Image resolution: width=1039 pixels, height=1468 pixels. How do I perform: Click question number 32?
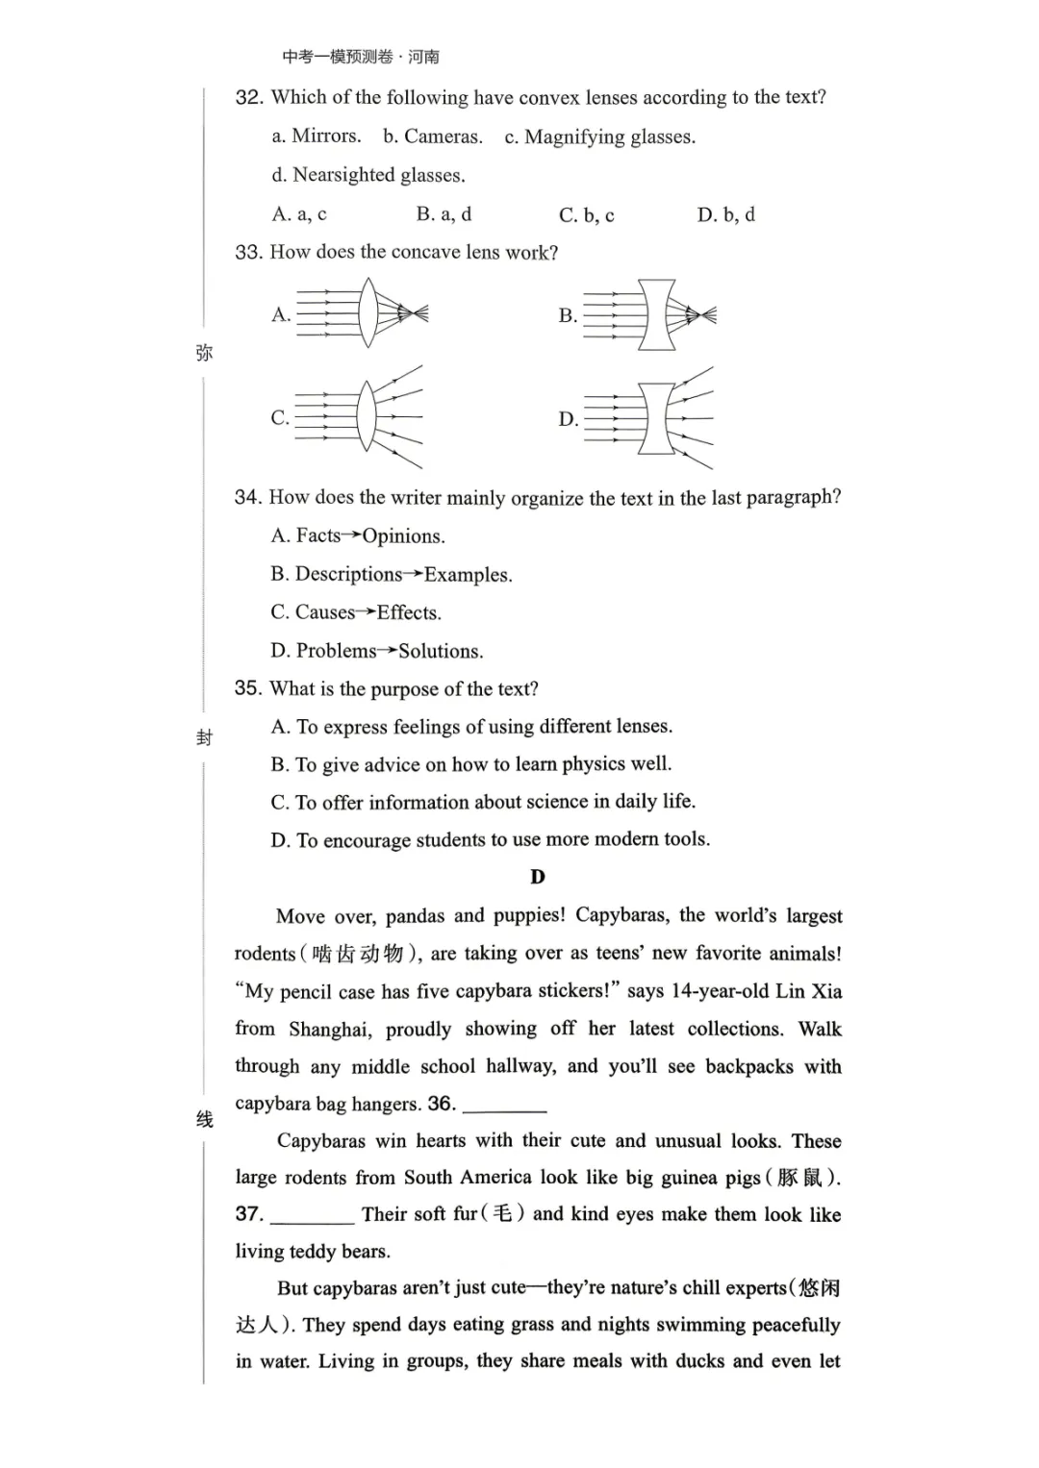(248, 97)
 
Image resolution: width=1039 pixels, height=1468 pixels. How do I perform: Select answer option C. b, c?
(586, 215)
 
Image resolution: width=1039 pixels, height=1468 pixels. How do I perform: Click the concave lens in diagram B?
(657, 314)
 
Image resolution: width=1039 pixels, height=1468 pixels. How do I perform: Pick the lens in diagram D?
(657, 418)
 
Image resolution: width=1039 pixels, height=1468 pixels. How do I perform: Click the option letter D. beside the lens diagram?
(568, 419)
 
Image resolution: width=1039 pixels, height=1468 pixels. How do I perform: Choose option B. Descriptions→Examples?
(391, 575)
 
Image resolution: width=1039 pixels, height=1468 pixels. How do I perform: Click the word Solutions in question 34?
(440, 651)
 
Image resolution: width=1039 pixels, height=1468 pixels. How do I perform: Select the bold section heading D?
(537, 877)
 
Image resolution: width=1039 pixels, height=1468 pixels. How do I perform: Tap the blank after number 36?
(504, 1106)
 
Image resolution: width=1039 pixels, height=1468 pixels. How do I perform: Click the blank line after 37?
(312, 1216)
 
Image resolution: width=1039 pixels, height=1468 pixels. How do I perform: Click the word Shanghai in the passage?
(329, 1030)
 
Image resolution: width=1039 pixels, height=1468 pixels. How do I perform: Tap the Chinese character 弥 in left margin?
(204, 353)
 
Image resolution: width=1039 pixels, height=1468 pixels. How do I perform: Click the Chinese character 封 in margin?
(204, 737)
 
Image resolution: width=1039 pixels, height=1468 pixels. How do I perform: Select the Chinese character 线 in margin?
(204, 1119)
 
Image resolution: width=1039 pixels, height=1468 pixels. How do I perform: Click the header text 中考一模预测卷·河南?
(361, 57)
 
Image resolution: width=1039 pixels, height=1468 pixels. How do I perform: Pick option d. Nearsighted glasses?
(368, 175)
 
